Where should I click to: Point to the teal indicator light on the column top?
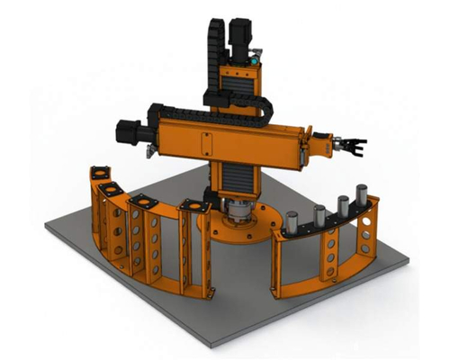click(252, 59)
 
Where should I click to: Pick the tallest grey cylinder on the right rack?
click(362, 197)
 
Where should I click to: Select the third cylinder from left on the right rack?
click(342, 206)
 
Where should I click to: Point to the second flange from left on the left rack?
click(111, 188)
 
